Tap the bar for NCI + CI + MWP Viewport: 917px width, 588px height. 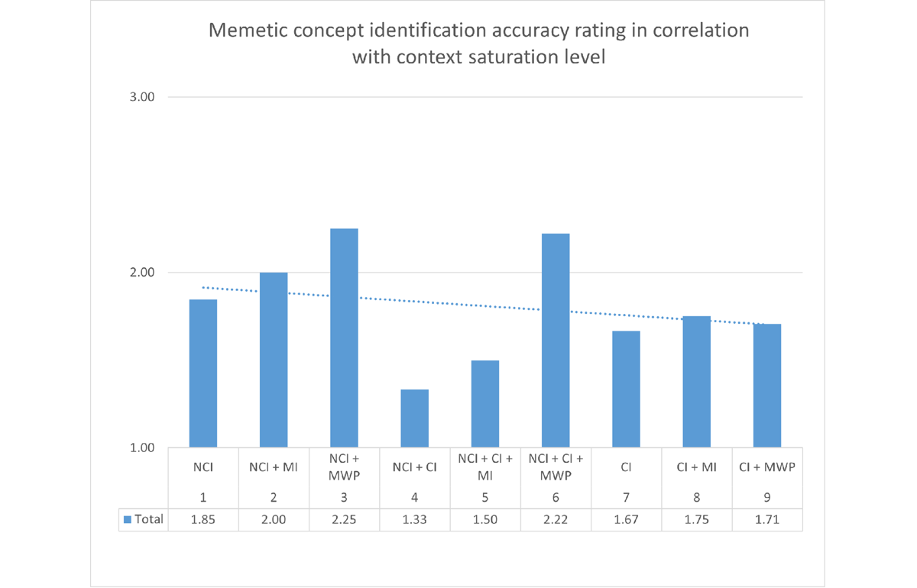coord(556,341)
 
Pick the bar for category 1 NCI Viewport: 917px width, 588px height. coord(203,373)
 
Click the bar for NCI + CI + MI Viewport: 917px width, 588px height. coord(485,404)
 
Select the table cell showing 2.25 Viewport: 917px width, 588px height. coord(344,519)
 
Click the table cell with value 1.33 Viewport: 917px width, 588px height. coord(414,519)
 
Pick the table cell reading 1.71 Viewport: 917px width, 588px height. coord(767,519)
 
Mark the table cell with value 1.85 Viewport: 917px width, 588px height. coord(203,519)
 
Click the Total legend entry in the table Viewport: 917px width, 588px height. coord(144,519)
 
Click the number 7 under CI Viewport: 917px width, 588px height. coord(626,497)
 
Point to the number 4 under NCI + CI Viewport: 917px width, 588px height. coord(414,497)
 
